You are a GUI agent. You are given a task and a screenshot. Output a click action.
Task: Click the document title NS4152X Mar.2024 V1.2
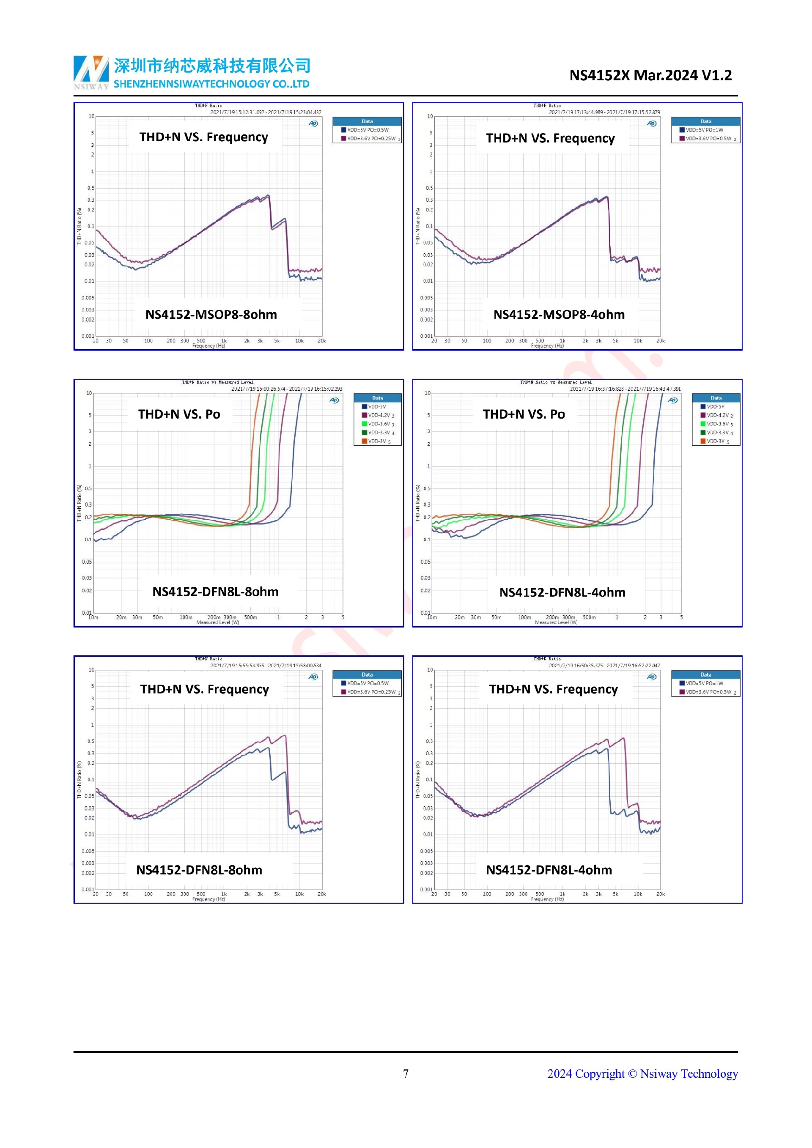click(650, 76)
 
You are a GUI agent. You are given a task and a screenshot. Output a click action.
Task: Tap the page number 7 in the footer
click(406, 1074)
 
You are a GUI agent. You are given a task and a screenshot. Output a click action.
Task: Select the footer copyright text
click(642, 1074)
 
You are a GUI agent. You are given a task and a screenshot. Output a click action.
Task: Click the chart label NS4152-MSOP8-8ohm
click(211, 315)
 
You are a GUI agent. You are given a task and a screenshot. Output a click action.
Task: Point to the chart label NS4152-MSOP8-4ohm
click(559, 315)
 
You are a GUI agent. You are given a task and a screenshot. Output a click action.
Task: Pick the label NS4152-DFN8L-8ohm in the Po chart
click(216, 592)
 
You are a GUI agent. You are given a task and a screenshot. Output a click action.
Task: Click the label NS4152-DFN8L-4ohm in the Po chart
click(562, 592)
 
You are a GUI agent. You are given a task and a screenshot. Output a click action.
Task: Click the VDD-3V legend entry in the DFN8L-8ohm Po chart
click(377, 441)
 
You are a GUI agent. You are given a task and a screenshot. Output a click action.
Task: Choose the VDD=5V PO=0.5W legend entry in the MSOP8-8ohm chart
click(368, 130)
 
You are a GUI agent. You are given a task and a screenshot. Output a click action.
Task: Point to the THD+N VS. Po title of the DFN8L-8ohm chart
click(179, 414)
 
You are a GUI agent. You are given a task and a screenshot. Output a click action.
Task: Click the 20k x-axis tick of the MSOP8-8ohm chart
click(321, 341)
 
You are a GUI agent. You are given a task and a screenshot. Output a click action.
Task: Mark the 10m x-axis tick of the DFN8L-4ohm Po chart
click(432, 617)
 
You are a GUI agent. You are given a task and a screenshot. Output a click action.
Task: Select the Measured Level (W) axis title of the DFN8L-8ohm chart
click(217, 622)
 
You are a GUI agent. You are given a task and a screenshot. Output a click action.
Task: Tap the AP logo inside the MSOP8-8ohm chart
click(313, 123)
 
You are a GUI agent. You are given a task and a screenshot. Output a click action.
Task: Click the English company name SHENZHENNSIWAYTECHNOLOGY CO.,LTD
click(211, 84)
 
